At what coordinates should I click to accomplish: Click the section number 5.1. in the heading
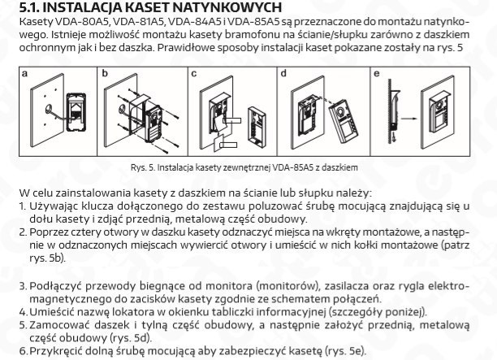[31, 8]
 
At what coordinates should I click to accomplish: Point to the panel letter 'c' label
[194, 74]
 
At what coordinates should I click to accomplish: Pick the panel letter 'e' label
[375, 74]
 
